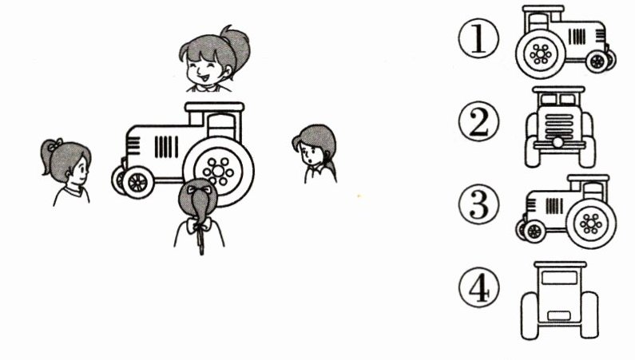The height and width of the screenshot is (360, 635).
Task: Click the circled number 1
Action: (x=478, y=38)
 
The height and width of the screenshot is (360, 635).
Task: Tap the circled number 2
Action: (x=478, y=121)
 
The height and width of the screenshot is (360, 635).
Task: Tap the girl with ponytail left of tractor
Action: (x=67, y=172)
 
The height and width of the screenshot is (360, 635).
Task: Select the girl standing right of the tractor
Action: (x=316, y=154)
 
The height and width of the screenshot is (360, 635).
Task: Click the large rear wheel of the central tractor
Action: (x=218, y=171)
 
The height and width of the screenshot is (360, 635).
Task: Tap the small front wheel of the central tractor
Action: (x=137, y=182)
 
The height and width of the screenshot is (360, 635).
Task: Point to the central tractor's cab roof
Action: (x=215, y=107)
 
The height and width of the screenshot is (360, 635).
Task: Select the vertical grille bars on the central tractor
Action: (x=166, y=147)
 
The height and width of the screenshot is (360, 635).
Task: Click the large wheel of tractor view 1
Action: (x=541, y=53)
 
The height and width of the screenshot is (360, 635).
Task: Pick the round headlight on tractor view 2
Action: (x=558, y=142)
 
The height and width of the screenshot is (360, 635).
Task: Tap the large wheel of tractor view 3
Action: (x=591, y=224)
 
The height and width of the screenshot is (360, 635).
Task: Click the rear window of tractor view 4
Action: (x=559, y=278)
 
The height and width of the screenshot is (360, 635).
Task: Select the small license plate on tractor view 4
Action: (x=559, y=315)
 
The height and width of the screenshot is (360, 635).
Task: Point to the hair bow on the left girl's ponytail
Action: (x=56, y=144)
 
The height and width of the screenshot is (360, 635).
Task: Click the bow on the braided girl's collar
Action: (x=199, y=225)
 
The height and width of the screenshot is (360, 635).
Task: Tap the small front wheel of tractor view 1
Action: (x=597, y=62)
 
